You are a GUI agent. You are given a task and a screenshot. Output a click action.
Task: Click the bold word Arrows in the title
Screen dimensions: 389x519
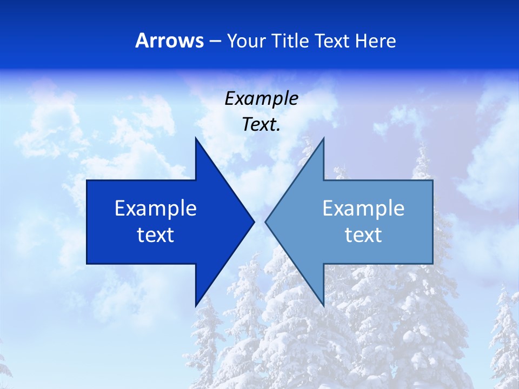(169, 41)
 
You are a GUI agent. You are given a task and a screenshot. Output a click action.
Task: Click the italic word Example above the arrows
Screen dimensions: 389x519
(261, 99)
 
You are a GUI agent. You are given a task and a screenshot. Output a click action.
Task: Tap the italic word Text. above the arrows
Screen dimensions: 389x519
(261, 125)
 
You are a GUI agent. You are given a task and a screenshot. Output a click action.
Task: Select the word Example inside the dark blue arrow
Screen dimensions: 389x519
(156, 209)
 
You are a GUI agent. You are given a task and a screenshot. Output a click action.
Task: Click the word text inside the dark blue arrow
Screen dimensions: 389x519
(156, 235)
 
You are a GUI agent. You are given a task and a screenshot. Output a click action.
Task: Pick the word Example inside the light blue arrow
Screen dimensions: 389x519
(363, 209)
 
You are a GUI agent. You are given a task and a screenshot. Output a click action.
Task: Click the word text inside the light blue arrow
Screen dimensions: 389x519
(363, 235)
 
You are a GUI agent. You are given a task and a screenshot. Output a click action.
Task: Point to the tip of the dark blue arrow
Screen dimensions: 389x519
(254, 222)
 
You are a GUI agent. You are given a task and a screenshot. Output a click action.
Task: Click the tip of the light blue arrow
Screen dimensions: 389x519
(265, 222)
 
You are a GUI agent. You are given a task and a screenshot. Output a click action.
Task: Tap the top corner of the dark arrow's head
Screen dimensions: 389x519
(196, 138)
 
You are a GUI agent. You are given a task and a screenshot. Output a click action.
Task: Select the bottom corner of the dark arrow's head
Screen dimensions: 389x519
(196, 306)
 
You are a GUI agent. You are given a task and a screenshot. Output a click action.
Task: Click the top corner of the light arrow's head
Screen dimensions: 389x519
(323, 138)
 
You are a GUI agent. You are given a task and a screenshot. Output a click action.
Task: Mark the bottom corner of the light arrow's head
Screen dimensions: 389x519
(323, 306)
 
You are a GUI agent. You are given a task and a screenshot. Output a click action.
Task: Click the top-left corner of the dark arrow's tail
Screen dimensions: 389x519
(87, 180)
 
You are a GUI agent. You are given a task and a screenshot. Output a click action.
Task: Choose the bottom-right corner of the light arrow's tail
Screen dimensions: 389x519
(432, 264)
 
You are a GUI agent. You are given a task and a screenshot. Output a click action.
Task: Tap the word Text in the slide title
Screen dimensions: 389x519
(332, 41)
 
